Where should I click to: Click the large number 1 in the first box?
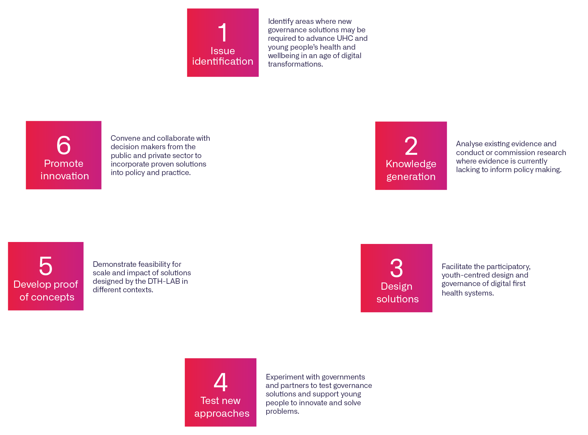click(223, 33)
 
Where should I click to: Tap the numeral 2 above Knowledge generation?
click(411, 146)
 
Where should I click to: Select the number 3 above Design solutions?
click(397, 268)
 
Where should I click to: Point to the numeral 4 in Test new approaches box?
click(220, 382)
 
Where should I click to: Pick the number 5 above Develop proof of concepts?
click(46, 266)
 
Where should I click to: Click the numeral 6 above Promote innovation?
click(64, 145)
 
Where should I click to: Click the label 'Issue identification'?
click(223, 56)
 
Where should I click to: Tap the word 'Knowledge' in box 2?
click(411, 164)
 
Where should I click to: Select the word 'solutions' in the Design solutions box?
click(398, 299)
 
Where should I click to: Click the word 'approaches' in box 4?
click(222, 413)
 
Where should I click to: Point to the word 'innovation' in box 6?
click(65, 176)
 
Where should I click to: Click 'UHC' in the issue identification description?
click(345, 38)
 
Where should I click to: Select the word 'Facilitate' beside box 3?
click(457, 266)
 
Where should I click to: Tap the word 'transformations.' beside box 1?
click(295, 64)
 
